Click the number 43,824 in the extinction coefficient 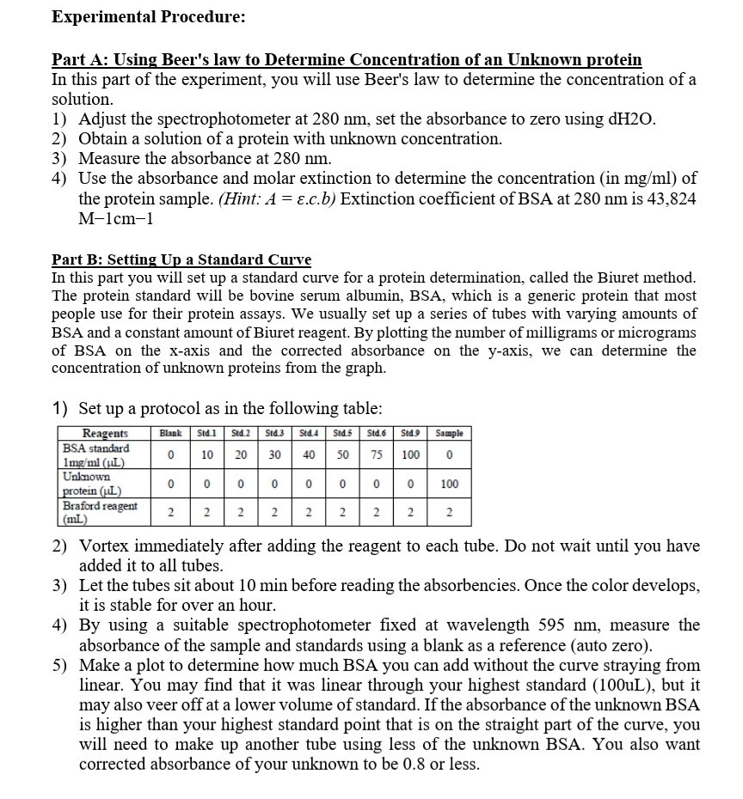coord(666,198)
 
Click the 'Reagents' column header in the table coord(105,434)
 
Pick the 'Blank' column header coord(172,434)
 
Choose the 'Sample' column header coord(447,434)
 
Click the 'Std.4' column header coord(308,434)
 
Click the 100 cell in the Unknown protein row coord(447,485)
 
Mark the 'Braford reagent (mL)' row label coord(100,512)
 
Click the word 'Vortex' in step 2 coord(105,546)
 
